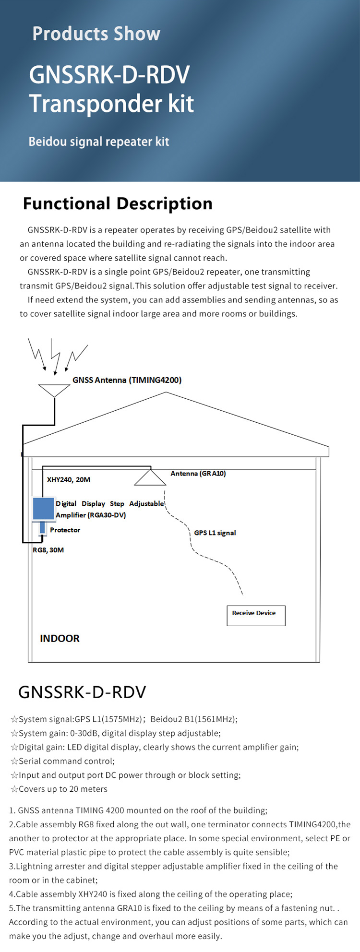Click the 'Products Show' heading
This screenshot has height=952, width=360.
tap(96, 34)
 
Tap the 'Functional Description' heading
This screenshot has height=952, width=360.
tap(118, 203)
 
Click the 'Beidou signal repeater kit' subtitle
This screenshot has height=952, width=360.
tap(98, 142)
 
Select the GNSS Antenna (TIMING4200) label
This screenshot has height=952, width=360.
tap(127, 380)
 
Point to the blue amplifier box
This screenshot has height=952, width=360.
tap(43, 509)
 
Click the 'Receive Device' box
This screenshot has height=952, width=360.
tap(256, 615)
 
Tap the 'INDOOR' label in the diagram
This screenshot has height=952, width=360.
tap(60, 638)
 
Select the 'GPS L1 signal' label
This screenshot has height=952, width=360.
tap(215, 533)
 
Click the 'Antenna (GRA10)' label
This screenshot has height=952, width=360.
tap(198, 474)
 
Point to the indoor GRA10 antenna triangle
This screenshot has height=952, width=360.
tap(150, 478)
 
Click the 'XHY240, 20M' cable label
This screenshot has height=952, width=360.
tap(68, 479)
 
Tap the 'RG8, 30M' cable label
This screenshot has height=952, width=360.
tap(48, 550)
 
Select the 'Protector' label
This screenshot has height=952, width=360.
tap(65, 530)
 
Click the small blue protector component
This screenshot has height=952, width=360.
tap(42, 527)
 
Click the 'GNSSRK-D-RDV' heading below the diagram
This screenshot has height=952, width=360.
tap(82, 692)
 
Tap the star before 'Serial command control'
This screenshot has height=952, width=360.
tap(14, 761)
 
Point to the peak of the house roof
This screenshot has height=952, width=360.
tap(166, 393)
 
